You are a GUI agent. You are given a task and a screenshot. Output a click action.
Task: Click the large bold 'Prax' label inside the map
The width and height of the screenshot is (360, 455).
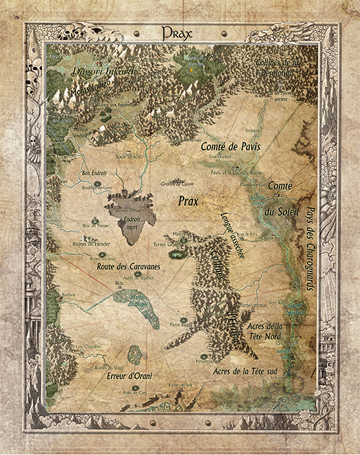pyautogui.click(x=189, y=202)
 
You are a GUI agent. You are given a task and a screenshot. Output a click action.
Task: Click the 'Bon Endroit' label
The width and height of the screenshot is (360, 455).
pyautogui.click(x=94, y=173)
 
